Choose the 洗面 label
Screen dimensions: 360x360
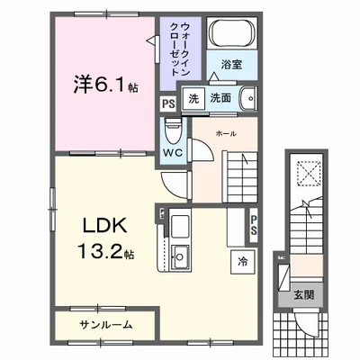pyautogui.click(x=220, y=98)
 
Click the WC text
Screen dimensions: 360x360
pyautogui.click(x=173, y=152)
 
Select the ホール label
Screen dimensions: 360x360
pyautogui.click(x=226, y=133)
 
